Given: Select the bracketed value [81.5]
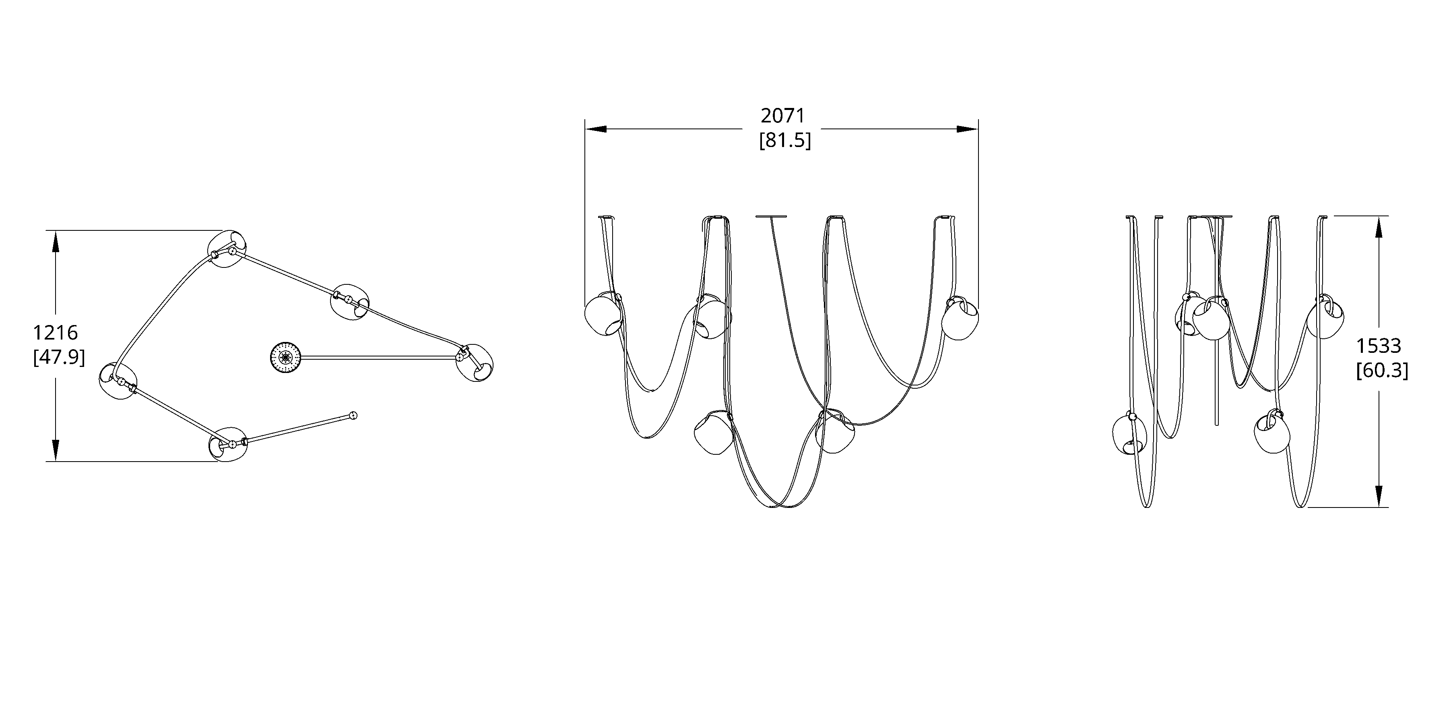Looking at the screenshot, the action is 785,140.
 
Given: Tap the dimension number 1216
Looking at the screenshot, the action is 55,333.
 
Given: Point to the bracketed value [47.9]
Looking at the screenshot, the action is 59,357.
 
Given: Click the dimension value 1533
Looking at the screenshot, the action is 1378,345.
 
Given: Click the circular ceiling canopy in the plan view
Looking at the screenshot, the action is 286,357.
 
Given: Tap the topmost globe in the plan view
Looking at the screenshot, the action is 227,248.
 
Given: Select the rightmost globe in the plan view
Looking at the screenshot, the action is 475,363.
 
